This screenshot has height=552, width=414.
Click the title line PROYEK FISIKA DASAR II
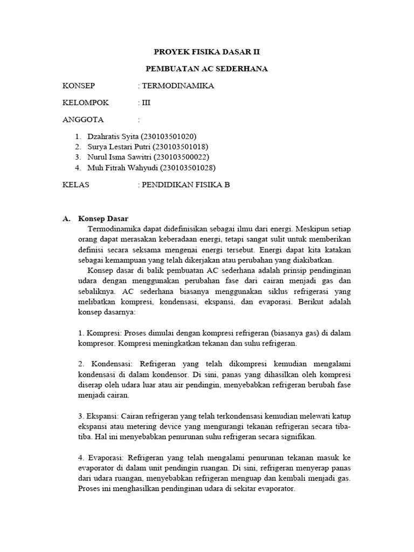tap(207, 53)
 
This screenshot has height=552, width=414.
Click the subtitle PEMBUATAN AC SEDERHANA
tap(207, 69)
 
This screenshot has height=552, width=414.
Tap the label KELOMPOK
tap(86, 102)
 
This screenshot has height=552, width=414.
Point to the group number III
tap(146, 102)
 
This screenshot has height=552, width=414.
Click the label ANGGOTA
tap(84, 119)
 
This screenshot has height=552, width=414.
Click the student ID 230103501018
tap(181, 147)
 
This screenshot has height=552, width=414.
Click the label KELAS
tap(76, 184)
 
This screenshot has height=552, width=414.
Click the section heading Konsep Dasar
tap(103, 219)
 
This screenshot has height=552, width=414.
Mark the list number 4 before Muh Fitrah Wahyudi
tap(78, 167)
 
